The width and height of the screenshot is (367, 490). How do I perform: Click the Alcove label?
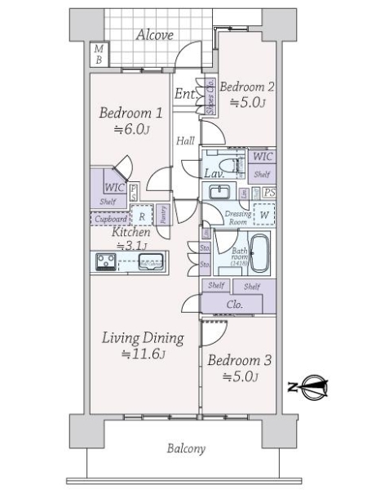pyautogui.click(x=154, y=34)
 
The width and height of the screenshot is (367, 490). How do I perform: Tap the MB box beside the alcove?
pyautogui.click(x=98, y=55)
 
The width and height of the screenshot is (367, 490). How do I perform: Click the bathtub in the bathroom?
pyautogui.click(x=259, y=254)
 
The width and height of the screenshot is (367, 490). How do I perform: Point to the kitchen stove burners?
pyautogui.click(x=106, y=262)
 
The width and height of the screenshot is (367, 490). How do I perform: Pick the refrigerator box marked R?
pyautogui.click(x=142, y=217)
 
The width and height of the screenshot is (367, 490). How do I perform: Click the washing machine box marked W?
pyautogui.click(x=263, y=216)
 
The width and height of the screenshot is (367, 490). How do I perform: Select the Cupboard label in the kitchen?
pyautogui.click(x=110, y=219)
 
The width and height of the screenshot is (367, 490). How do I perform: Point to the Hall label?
pyautogui.click(x=185, y=141)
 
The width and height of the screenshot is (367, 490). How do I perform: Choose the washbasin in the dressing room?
pyautogui.click(x=219, y=193)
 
